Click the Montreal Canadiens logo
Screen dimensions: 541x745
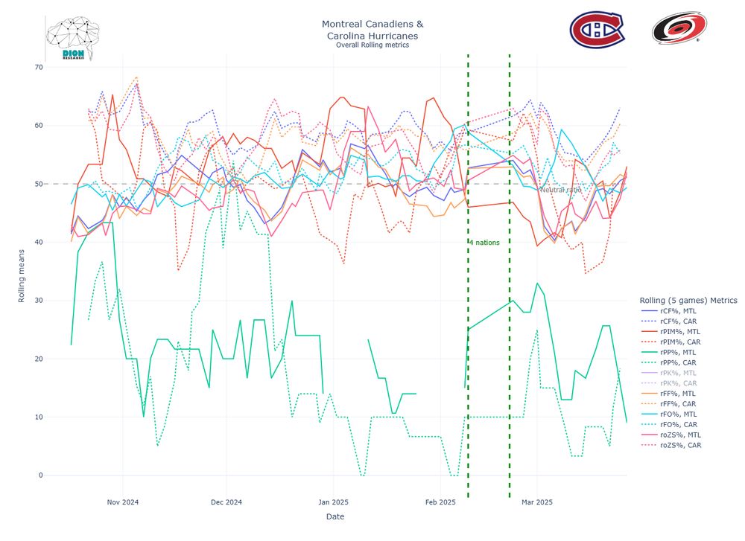pyautogui.click(x=597, y=30)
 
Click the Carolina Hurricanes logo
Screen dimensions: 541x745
pyautogui.click(x=675, y=29)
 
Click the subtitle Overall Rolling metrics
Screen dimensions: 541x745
pyautogui.click(x=372, y=45)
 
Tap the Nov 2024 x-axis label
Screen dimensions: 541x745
pyautogui.click(x=124, y=502)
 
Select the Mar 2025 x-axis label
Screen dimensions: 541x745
pyautogui.click(x=536, y=502)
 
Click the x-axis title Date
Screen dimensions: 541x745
pyautogui.click(x=335, y=516)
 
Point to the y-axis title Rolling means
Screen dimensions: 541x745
pyautogui.click(x=22, y=271)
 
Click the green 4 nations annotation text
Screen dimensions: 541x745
pyautogui.click(x=485, y=243)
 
